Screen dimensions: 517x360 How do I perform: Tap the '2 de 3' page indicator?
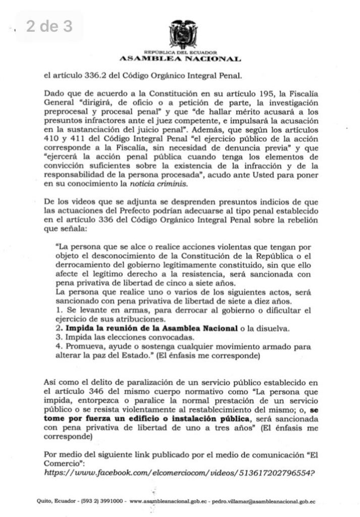point(49,26)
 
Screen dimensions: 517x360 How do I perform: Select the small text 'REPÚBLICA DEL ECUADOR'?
point(180,53)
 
